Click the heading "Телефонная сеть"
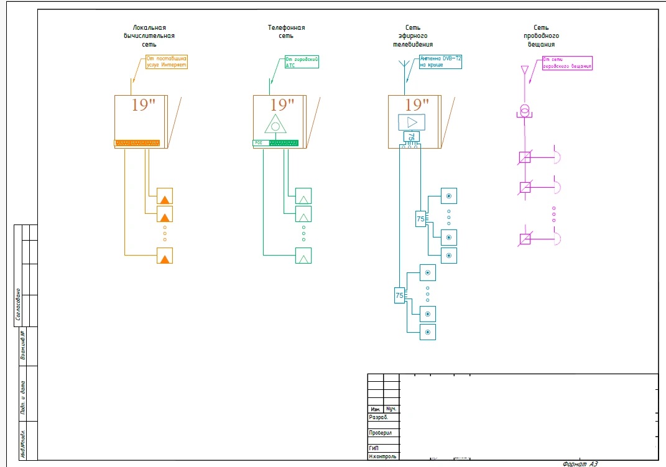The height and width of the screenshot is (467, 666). pos(286,32)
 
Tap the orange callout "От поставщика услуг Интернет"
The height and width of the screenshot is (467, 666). pos(166,62)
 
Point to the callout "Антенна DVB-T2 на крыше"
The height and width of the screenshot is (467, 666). pos(440,61)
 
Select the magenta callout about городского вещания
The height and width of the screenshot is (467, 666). pos(567,63)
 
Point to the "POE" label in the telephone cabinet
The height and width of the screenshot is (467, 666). pos(259,143)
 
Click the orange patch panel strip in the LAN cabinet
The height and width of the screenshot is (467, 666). pos(137,143)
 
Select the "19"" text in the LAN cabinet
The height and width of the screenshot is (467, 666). pos(142,104)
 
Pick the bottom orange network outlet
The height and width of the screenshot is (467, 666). pos(164,256)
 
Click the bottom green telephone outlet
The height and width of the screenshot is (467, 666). pos(303,256)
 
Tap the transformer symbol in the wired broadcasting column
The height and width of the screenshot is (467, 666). pos(525,111)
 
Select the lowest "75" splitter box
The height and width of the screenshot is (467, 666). pos(399,296)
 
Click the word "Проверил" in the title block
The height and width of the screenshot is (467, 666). pos(381,433)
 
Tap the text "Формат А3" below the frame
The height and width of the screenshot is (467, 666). pos(580,463)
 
